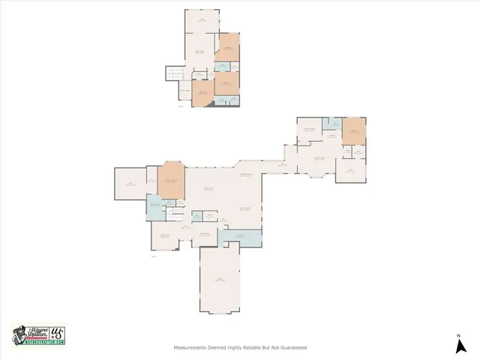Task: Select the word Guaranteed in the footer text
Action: (x=291, y=347)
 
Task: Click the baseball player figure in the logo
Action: (x=21, y=334)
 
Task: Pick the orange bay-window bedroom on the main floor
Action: (x=171, y=182)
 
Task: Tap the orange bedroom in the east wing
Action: (x=352, y=133)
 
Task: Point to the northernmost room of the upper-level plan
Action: (x=202, y=22)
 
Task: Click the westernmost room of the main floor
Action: (x=129, y=184)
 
